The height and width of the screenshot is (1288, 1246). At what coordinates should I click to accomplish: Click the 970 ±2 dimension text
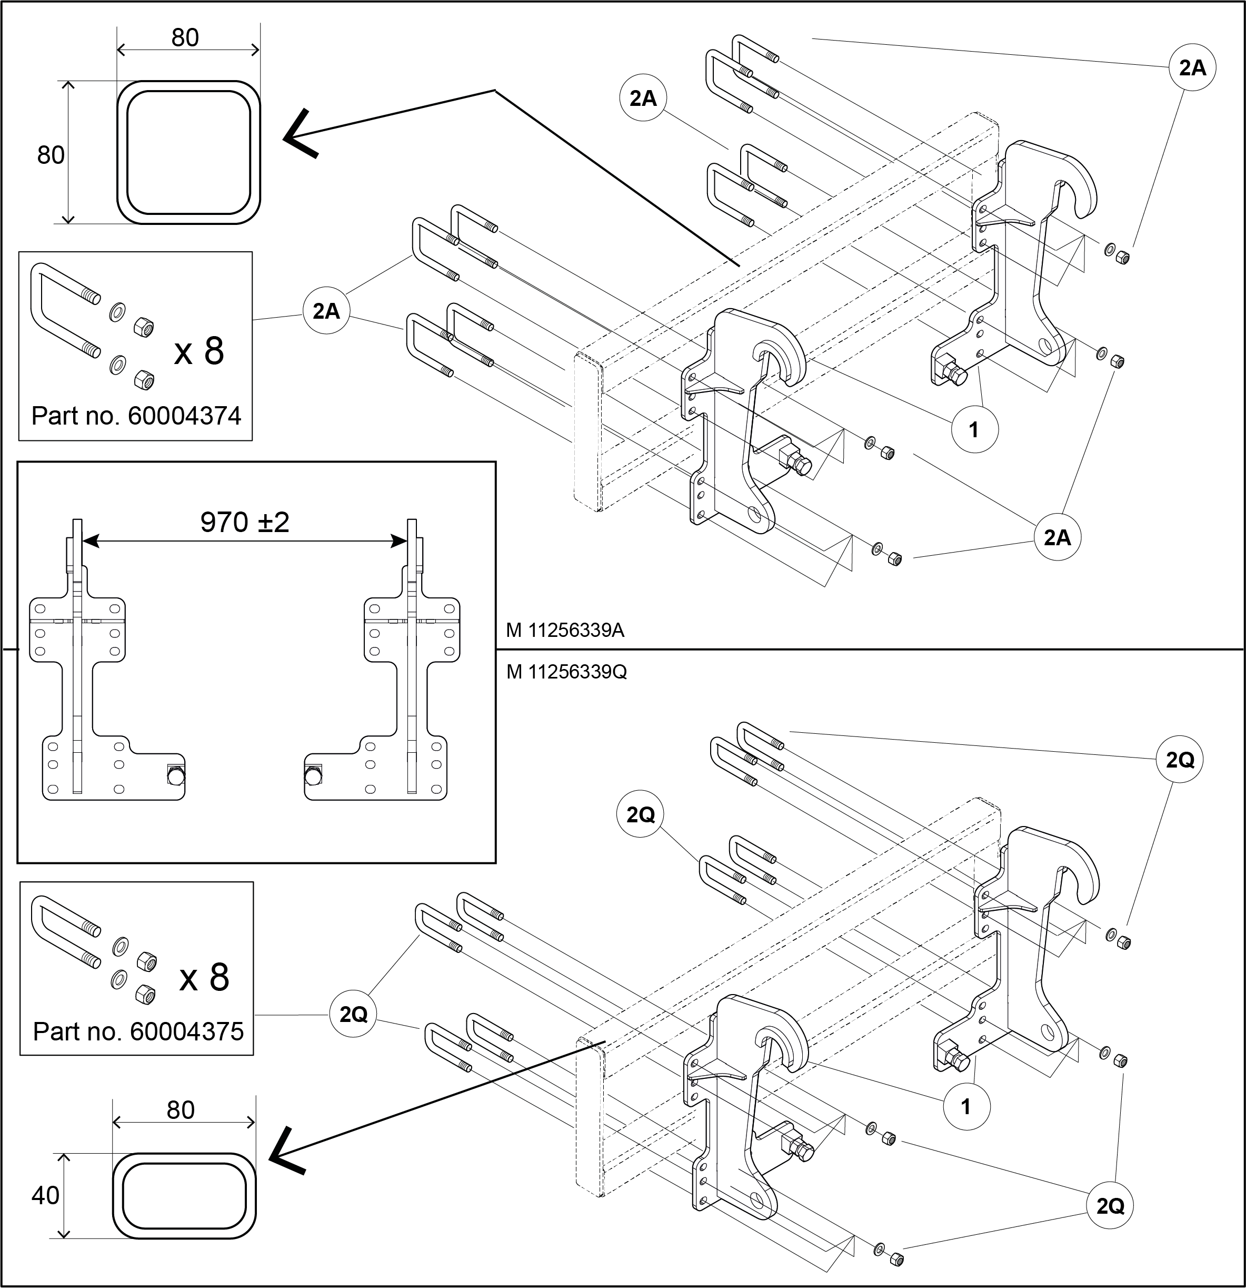click(244, 523)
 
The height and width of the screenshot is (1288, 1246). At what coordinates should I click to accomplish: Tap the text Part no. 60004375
click(138, 1031)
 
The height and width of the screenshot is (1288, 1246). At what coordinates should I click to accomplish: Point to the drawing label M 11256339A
click(565, 630)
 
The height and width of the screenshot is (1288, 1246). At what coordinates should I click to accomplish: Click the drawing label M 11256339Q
click(566, 672)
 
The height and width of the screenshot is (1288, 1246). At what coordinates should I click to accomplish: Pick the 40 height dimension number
click(45, 1195)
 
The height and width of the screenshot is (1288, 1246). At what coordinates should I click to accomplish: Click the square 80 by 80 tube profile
click(188, 152)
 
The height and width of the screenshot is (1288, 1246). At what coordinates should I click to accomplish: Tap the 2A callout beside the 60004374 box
click(326, 311)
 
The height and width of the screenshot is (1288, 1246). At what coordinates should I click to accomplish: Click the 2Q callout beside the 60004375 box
click(353, 1014)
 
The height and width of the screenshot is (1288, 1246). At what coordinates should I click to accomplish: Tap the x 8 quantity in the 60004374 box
click(199, 351)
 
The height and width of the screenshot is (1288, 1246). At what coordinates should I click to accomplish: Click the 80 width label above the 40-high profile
click(181, 1110)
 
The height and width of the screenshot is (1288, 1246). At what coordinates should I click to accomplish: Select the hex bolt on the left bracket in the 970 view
click(176, 775)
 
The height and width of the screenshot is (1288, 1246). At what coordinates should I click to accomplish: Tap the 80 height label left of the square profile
click(51, 155)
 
